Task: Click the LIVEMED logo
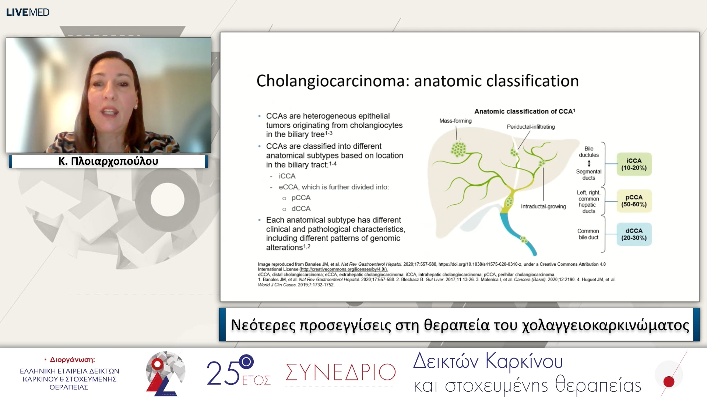pyautogui.click(x=28, y=12)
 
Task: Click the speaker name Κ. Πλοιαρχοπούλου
pyautogui.click(x=108, y=161)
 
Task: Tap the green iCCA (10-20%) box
pyautogui.click(x=634, y=164)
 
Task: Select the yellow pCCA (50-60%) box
pyautogui.click(x=634, y=201)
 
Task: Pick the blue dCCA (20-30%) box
pyautogui.click(x=634, y=234)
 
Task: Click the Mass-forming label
pyautogui.click(x=455, y=121)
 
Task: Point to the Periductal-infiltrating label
pyautogui.click(x=531, y=127)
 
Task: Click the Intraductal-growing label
pyautogui.click(x=543, y=206)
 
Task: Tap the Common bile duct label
pyautogui.click(x=588, y=234)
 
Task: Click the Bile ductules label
pyautogui.click(x=588, y=152)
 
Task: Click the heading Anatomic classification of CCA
pyautogui.click(x=524, y=111)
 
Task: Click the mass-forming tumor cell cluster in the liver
pyautogui.click(x=458, y=149)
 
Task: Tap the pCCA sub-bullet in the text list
pyautogui.click(x=301, y=198)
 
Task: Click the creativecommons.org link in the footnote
pyautogui.click(x=343, y=269)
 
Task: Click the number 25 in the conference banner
pyautogui.click(x=223, y=373)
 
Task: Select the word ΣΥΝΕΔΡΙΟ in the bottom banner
pyautogui.click(x=341, y=372)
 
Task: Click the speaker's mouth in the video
pyautogui.click(x=109, y=111)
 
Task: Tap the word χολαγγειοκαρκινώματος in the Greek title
pyautogui.click(x=605, y=325)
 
